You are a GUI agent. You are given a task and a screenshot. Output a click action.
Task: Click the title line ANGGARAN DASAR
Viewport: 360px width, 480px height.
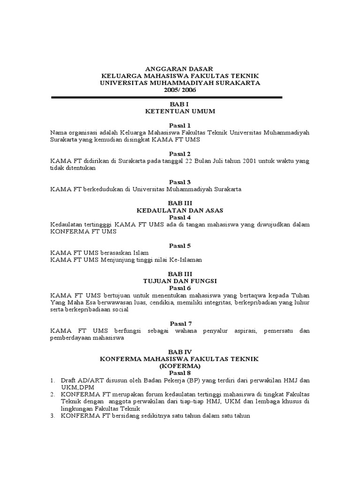coord(180,68)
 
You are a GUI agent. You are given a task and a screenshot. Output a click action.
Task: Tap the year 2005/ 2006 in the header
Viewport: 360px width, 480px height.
coord(180,90)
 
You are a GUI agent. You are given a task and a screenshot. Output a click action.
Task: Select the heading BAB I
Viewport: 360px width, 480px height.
coord(180,104)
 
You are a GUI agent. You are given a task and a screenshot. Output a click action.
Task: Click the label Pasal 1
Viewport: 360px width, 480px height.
coord(180,125)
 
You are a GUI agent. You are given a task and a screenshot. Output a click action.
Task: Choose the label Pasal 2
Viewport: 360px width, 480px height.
coord(180,153)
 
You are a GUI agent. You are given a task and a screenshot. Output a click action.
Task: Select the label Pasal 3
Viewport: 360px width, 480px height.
coord(180,182)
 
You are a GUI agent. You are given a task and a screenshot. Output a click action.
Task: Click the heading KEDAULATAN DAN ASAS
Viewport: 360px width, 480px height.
coord(180,210)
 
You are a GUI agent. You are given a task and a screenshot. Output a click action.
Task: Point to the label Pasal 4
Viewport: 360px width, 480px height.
coord(180,217)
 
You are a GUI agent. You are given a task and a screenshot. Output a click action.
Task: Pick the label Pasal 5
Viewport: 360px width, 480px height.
coord(180,245)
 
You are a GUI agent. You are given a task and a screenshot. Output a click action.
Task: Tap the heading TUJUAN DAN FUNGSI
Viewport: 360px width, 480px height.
coord(180,281)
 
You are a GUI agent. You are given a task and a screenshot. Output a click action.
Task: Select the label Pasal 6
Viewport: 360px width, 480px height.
coord(180,288)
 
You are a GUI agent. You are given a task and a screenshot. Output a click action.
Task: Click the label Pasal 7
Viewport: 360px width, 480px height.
coord(180,323)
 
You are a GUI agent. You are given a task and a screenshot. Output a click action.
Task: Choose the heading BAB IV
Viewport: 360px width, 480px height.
coord(180,351)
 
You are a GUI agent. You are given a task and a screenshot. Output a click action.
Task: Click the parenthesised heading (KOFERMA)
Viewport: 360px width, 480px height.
coord(180,365)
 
